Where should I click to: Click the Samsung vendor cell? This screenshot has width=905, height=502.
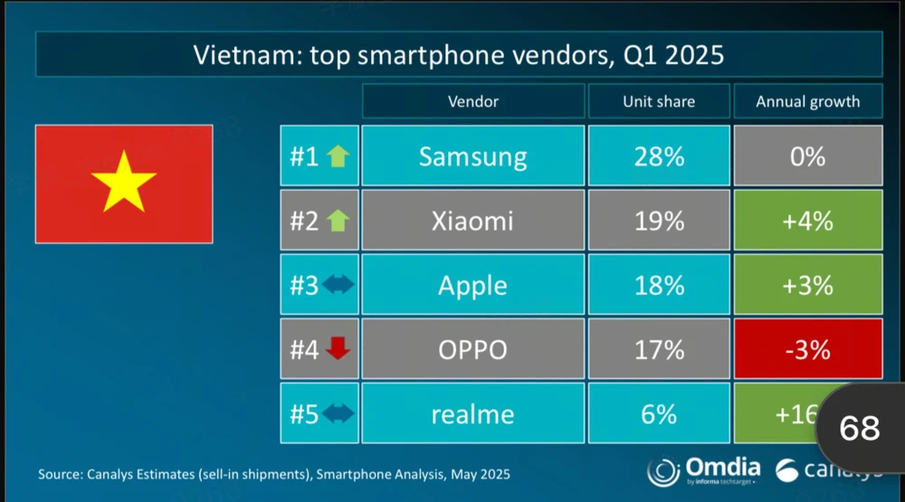(x=472, y=156)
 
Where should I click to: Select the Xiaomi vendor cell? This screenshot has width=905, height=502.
(x=472, y=221)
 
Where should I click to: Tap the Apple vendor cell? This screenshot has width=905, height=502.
(x=472, y=286)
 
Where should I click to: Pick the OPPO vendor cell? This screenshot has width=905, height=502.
(x=472, y=350)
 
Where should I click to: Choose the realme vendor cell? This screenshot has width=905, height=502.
(x=472, y=414)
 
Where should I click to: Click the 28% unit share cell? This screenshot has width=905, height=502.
(x=658, y=156)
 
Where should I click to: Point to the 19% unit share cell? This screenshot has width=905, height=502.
(x=658, y=221)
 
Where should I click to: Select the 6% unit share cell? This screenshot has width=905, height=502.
(x=658, y=414)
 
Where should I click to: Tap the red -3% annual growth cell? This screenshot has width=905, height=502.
(x=807, y=350)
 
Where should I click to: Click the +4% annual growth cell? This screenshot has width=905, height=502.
(x=807, y=221)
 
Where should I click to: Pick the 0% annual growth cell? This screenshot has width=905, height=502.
(x=807, y=156)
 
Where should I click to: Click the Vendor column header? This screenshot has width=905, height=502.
(x=472, y=101)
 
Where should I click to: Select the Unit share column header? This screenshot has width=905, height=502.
(x=658, y=101)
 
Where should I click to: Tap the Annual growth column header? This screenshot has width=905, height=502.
(x=807, y=101)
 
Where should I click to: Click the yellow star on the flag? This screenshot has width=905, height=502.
(x=124, y=181)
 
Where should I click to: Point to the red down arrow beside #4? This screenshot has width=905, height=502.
(x=338, y=349)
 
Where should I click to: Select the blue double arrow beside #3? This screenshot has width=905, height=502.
(x=338, y=286)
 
